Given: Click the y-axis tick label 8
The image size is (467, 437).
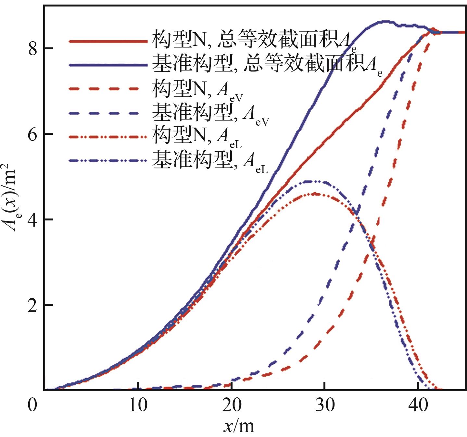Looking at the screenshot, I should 32,49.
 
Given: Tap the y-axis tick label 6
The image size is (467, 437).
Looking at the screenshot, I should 32,134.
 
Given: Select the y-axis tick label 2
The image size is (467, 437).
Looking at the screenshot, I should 32,306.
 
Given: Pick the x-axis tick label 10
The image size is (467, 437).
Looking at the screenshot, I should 138,405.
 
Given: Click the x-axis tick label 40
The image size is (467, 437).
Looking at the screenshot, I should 418,405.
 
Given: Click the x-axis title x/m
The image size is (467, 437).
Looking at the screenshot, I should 239,426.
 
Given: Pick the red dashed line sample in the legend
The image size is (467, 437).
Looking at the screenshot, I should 104,89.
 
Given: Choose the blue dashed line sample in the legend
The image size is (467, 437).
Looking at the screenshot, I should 104,113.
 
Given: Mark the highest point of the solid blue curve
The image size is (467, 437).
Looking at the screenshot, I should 385,21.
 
